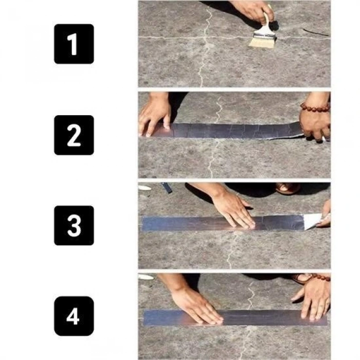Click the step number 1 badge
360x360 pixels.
click(x=74, y=44)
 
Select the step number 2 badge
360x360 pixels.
click(x=74, y=135)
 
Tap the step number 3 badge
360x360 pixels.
click(x=74, y=226)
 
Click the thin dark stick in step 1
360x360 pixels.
click(x=315, y=32)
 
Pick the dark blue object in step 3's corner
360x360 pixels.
click(x=167, y=188)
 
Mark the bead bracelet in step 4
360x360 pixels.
click(x=319, y=277)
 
